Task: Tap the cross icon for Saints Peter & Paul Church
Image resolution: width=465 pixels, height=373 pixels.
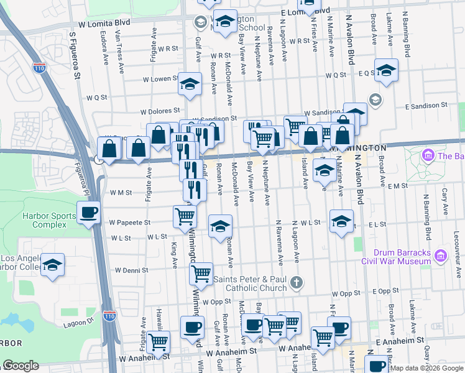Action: (x=298, y=282)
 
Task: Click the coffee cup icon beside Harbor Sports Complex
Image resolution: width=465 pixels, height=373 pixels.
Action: (x=88, y=213)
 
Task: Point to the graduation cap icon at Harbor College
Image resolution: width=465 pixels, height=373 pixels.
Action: (x=53, y=265)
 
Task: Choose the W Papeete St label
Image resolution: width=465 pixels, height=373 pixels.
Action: (x=130, y=222)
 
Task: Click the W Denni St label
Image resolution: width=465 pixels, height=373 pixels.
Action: (x=132, y=270)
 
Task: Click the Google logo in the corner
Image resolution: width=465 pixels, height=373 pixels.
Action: (x=21, y=366)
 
